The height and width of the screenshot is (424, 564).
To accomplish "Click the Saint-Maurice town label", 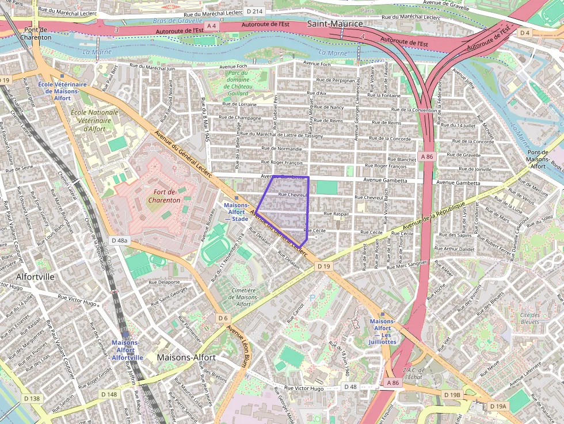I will pos(334,24).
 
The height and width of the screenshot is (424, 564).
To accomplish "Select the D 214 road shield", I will pos(254,12).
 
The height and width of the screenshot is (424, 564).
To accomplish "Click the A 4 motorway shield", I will pos(212,26).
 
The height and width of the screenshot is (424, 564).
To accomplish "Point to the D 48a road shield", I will pos(120,240).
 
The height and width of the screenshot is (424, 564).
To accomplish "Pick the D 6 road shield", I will pos(223,318).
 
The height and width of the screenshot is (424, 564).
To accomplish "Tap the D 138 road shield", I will pos(31,398).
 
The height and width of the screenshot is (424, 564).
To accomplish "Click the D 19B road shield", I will pos(452,395).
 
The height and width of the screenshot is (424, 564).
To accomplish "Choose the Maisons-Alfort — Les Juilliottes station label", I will pos(383,331).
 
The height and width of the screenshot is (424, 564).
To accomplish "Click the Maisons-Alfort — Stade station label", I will pos(236,212).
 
